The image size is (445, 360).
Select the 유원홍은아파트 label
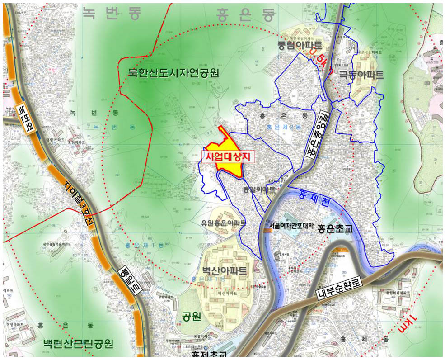pyautogui.click(x=224, y=223)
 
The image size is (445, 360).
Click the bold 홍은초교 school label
pyautogui.click(x=335, y=228)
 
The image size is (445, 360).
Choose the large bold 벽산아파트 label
pyautogui.click(x=225, y=271)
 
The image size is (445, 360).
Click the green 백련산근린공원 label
pyautogui.click(x=78, y=344)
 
